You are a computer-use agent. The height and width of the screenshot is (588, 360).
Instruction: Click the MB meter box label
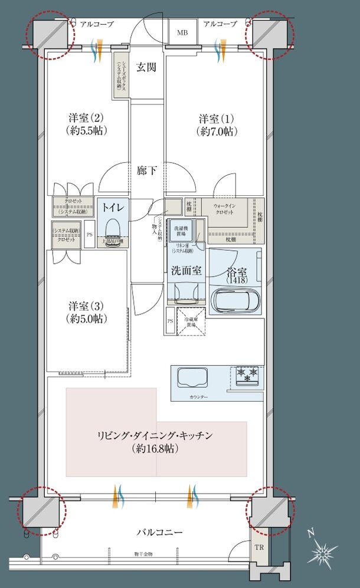click(x=183, y=32)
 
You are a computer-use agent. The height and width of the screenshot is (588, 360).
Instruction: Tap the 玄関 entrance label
click(x=146, y=67)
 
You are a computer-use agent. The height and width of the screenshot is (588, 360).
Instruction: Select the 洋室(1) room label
click(x=215, y=124)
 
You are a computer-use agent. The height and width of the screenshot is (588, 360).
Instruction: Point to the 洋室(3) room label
click(x=87, y=313)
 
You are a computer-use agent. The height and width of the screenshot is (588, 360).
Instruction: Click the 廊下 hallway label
click(x=147, y=170)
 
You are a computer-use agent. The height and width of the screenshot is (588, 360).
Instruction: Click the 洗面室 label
click(x=186, y=272)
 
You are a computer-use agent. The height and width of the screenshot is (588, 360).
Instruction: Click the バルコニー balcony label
click(x=159, y=533)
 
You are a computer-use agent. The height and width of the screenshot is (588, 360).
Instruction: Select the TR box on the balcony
click(x=258, y=547)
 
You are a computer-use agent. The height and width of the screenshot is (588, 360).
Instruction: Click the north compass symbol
click(x=322, y=553)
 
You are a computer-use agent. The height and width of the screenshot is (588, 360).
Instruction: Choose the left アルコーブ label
click(x=92, y=24)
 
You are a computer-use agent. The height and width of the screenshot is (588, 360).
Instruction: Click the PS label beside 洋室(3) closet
click(x=89, y=234)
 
